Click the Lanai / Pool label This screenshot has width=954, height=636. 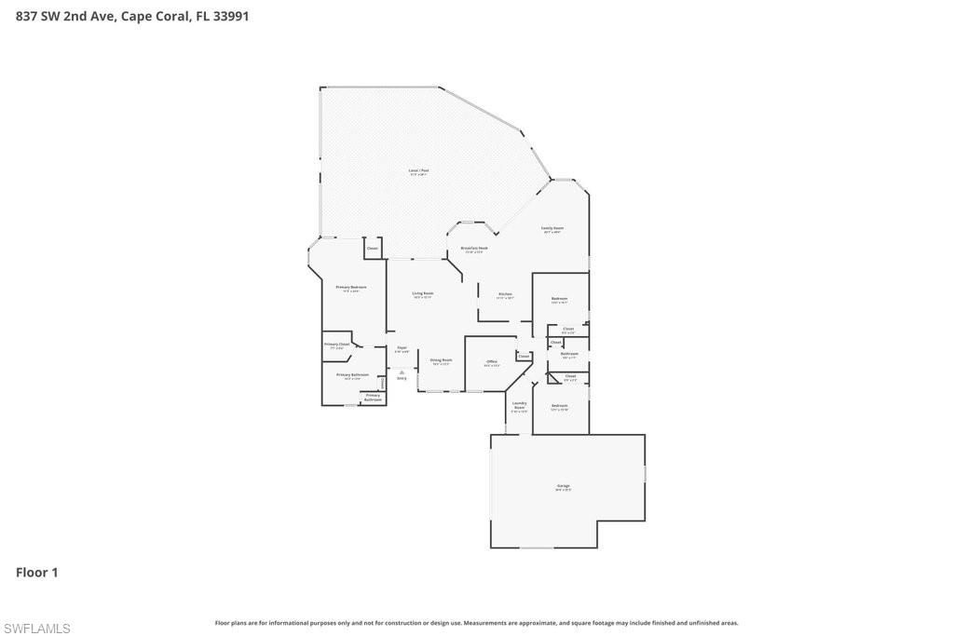419,170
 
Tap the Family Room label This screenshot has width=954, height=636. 552,228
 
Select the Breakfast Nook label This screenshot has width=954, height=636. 474,249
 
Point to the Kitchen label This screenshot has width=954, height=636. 505,294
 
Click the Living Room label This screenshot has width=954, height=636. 423,293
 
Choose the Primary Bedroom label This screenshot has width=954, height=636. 351,288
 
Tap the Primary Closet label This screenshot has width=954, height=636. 336,345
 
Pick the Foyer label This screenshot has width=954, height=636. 402,347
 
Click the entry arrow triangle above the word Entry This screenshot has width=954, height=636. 402,372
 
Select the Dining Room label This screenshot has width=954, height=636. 441,359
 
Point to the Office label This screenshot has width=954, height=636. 492,361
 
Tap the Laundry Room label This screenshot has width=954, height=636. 519,405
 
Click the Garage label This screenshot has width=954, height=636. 564,486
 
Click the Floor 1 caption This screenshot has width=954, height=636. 37,573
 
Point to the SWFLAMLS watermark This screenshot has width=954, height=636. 36,629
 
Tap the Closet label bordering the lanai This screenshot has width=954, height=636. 373,248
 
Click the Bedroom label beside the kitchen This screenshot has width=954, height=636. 559,299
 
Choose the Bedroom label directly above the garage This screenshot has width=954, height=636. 559,406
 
